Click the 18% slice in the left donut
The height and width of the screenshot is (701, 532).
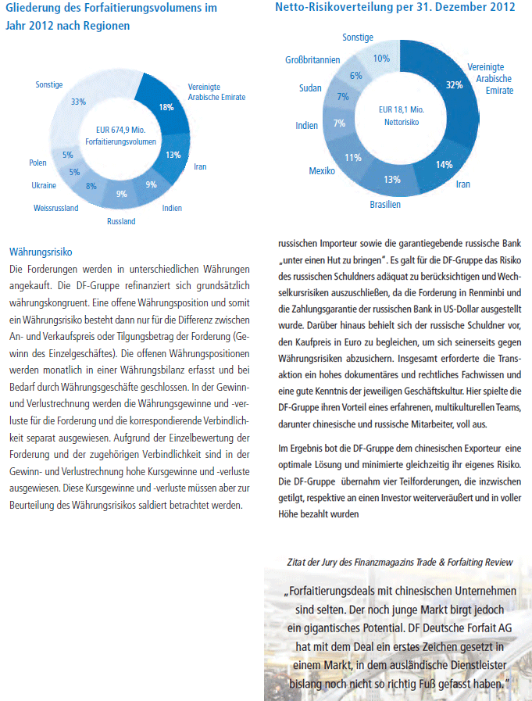pos(166,106)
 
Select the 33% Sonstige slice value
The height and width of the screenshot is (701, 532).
pos(78,102)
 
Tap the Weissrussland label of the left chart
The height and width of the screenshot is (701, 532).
pos(55,208)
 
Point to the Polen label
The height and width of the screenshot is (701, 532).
pos(37,163)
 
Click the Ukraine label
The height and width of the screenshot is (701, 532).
pos(44,185)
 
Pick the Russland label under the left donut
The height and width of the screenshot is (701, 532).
pos(121,221)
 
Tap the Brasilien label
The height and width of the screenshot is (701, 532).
pos(385,205)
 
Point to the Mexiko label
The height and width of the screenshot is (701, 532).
pos(322,170)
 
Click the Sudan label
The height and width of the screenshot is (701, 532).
pos(310,88)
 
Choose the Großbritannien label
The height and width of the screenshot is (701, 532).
pos(312,60)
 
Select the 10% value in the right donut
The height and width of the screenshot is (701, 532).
pos(381,58)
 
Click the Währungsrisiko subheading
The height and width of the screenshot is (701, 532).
pos(40,252)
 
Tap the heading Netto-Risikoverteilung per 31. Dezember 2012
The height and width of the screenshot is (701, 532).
pos(395,8)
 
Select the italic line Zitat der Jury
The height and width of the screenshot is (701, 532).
pos(400,562)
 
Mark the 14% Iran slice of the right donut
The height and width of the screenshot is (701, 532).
pos(445,165)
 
